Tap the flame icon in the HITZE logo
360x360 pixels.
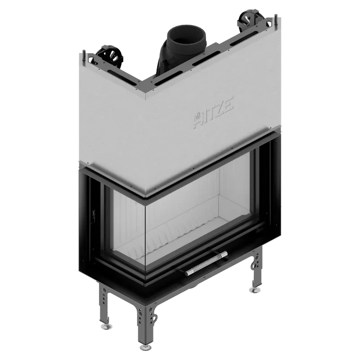[x=198, y=116]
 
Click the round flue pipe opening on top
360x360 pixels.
[x=186, y=37]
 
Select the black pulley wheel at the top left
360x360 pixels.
[x=109, y=57]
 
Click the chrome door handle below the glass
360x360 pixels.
[x=207, y=263]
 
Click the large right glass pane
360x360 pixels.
[x=198, y=211]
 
